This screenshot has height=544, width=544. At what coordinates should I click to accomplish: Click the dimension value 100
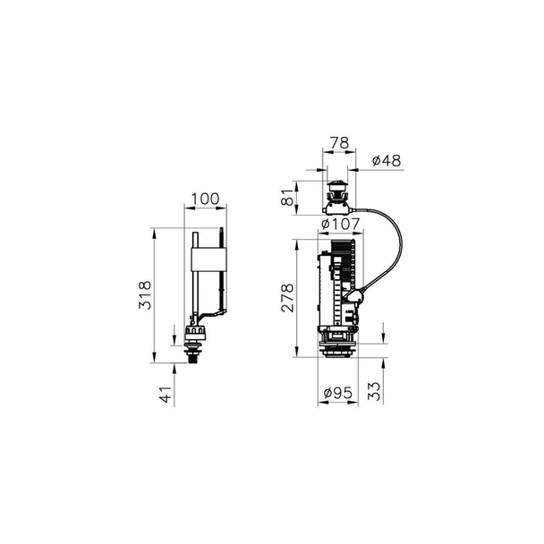pyautogui.click(x=206, y=199)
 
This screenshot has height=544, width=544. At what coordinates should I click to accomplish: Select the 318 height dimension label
pyautogui.click(x=145, y=295)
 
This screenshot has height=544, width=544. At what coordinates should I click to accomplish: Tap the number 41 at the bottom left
pyautogui.click(x=166, y=395)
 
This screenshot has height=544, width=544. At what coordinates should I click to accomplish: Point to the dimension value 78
pyautogui.click(x=339, y=142)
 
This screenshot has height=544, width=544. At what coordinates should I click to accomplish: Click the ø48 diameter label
pyautogui.click(x=387, y=160)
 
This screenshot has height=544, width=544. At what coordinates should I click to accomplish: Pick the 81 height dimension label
pyautogui.click(x=288, y=197)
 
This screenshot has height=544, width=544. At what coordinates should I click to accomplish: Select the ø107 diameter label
pyautogui.click(x=340, y=224)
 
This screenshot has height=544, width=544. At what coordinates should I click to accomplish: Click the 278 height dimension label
pyautogui.click(x=287, y=298)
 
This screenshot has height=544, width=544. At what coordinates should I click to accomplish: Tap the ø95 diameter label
pyautogui.click(x=337, y=393)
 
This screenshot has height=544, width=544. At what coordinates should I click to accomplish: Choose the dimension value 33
pyautogui.click(x=374, y=391)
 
